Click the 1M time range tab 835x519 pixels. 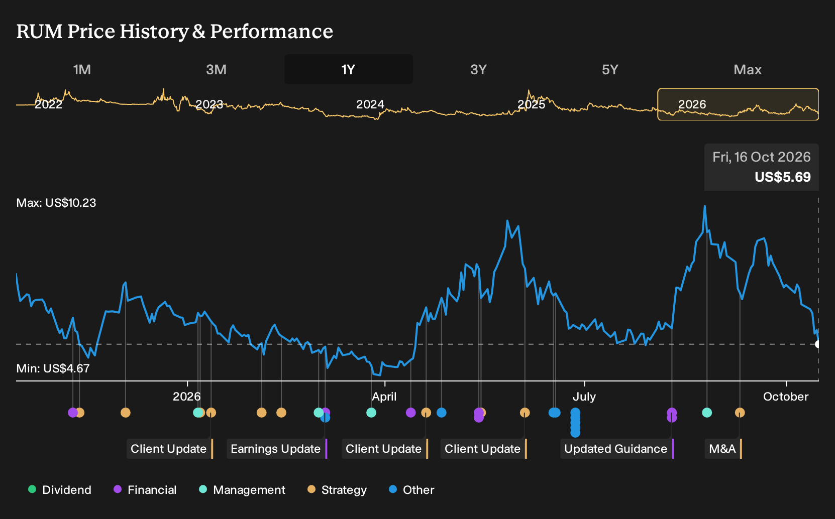point(82,70)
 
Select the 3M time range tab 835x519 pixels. point(216,70)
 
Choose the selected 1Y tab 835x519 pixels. point(348,70)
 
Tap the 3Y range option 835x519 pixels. point(479,70)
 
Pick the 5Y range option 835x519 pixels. point(610,70)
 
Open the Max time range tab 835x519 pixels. point(748,70)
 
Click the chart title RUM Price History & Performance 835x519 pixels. point(174,31)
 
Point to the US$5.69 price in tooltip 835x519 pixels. point(782,177)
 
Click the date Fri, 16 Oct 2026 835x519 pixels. point(761,157)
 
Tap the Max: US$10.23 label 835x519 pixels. point(56,203)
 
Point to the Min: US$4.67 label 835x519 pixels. point(53,368)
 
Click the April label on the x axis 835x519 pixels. point(384,397)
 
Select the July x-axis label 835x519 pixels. point(584,397)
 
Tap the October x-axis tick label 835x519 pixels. point(786,397)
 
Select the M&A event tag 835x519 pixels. point(723,449)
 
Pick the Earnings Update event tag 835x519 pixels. point(277,449)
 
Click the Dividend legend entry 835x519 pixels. point(60,489)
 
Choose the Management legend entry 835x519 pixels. point(242,489)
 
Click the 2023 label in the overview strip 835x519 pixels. point(209,104)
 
